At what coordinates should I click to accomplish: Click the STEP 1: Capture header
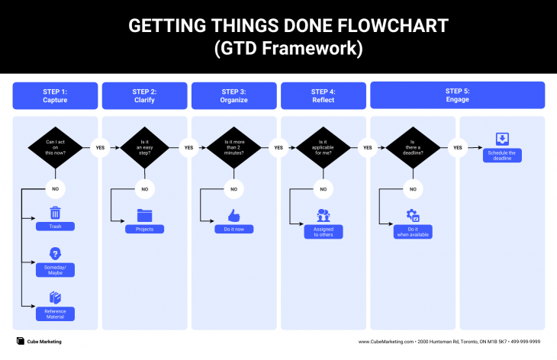click(x=55, y=95)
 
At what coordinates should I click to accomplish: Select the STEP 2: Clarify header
click(x=144, y=95)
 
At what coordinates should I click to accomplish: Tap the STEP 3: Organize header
click(x=233, y=95)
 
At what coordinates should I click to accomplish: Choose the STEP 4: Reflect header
click(x=323, y=95)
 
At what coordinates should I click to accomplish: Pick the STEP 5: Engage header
click(x=457, y=95)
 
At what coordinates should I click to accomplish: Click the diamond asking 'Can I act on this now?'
click(x=55, y=147)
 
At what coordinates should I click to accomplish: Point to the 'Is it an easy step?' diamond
click(x=144, y=147)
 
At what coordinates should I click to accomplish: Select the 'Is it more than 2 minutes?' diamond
click(x=233, y=147)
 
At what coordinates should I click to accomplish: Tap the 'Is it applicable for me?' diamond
click(x=323, y=147)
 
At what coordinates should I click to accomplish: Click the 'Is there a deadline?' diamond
click(x=412, y=147)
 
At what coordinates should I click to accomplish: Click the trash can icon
click(x=55, y=213)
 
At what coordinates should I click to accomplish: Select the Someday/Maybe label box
click(x=55, y=270)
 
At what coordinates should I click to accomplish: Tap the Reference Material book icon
click(x=55, y=297)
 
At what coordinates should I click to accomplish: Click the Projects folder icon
click(x=144, y=215)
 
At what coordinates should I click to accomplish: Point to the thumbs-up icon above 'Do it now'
click(x=233, y=215)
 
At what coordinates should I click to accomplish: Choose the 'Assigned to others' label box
click(x=323, y=232)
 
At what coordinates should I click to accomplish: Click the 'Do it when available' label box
click(x=412, y=232)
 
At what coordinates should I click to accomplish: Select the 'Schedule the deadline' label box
click(x=502, y=156)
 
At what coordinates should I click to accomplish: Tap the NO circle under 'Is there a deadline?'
click(x=412, y=188)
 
